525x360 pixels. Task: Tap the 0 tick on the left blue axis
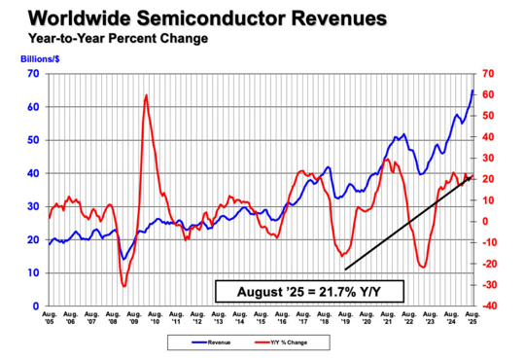point(35,306)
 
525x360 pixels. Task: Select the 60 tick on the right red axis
point(486,94)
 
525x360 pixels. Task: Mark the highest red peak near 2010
point(146,95)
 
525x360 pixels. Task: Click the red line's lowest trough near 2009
point(123,285)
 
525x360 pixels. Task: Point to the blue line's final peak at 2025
point(472,90)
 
